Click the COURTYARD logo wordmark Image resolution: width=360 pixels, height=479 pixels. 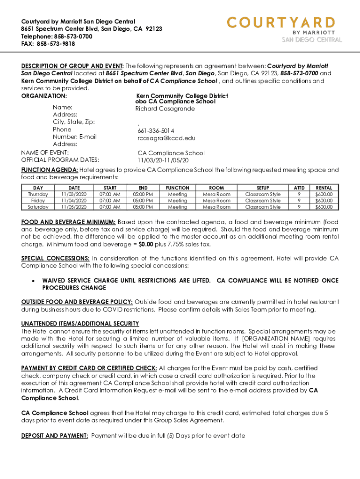point(281,22)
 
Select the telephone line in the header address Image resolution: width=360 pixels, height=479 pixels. point(57,36)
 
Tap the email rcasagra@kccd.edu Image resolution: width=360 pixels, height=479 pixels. point(166,138)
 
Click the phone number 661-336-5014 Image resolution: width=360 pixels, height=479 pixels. point(156,131)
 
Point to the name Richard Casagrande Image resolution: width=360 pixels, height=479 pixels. point(165,109)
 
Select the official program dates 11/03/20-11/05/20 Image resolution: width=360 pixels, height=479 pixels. point(163,160)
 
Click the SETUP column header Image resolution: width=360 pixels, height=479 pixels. point(263,188)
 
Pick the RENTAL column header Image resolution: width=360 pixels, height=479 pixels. point(324,188)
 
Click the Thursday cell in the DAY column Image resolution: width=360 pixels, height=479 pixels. point(38,194)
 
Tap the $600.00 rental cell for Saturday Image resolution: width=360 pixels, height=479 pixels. point(324,207)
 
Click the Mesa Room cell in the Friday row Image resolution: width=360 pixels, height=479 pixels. point(216,200)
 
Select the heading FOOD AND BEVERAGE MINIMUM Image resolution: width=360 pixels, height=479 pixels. point(68,222)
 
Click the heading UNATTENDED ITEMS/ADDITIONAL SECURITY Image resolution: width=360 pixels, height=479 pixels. point(80,324)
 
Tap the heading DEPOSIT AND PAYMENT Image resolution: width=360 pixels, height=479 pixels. point(55,435)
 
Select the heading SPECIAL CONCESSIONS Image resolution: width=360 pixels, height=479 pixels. point(56,258)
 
